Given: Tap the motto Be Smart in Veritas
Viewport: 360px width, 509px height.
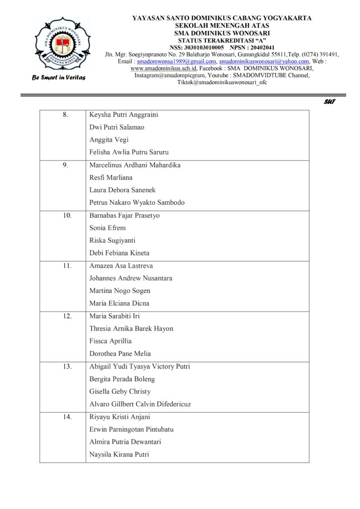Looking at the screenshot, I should (59, 78).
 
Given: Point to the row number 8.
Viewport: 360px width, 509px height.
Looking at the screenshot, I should (65, 115).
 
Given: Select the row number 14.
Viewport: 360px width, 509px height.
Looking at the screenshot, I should (67, 417).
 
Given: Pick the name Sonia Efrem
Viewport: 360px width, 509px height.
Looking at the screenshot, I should (107, 228).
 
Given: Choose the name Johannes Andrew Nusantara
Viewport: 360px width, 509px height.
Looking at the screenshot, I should (131, 278).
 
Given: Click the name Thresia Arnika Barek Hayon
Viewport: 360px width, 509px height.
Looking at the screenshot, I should (131, 329).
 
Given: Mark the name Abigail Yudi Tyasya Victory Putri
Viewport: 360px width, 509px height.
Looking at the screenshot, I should (139, 367).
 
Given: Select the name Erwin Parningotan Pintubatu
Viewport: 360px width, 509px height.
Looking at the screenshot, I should (131, 429).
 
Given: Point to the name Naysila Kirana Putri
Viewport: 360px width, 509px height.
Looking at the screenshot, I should (119, 454).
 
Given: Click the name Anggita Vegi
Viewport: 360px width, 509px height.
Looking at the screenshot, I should (109, 140).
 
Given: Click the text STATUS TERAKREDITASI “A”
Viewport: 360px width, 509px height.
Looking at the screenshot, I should (222, 40).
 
